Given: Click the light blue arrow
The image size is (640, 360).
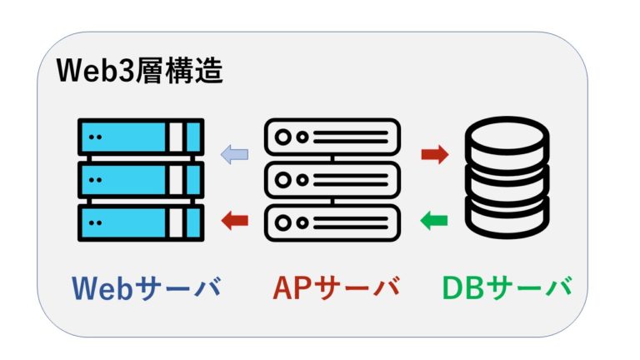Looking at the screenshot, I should click(x=234, y=154).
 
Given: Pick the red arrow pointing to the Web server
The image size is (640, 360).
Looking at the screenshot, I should click(x=234, y=221).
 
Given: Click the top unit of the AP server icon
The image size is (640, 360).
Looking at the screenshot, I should click(x=332, y=137).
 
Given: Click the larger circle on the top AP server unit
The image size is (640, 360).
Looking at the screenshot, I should click(x=284, y=137).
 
